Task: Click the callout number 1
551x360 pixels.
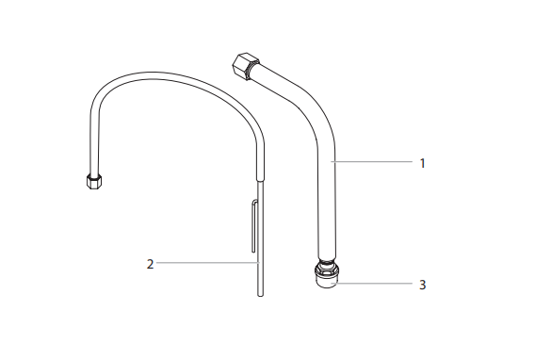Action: click(x=423, y=163)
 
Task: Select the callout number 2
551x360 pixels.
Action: click(x=150, y=264)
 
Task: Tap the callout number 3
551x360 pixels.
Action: click(x=423, y=283)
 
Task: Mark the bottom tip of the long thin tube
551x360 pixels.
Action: click(x=261, y=295)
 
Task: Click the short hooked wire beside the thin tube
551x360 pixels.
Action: click(x=253, y=226)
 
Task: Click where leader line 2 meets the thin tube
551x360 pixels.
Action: click(x=260, y=264)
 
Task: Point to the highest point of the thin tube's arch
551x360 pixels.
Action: click(x=170, y=74)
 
